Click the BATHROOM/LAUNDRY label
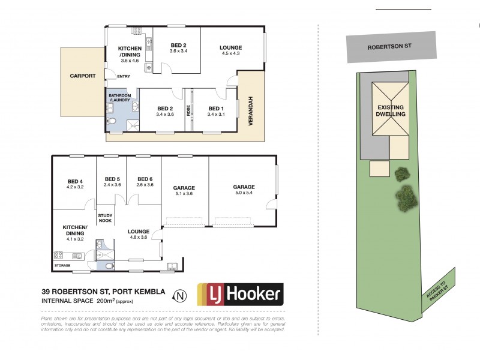[x=120, y=99]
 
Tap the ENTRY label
[x=124, y=76]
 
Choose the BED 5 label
[x=113, y=181]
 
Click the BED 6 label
[x=145, y=181]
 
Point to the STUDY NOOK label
[x=106, y=218]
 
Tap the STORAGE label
[x=62, y=265]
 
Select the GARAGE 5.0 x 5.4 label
[x=244, y=190]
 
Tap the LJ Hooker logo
[x=239, y=294]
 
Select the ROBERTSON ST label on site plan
[x=390, y=46]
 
